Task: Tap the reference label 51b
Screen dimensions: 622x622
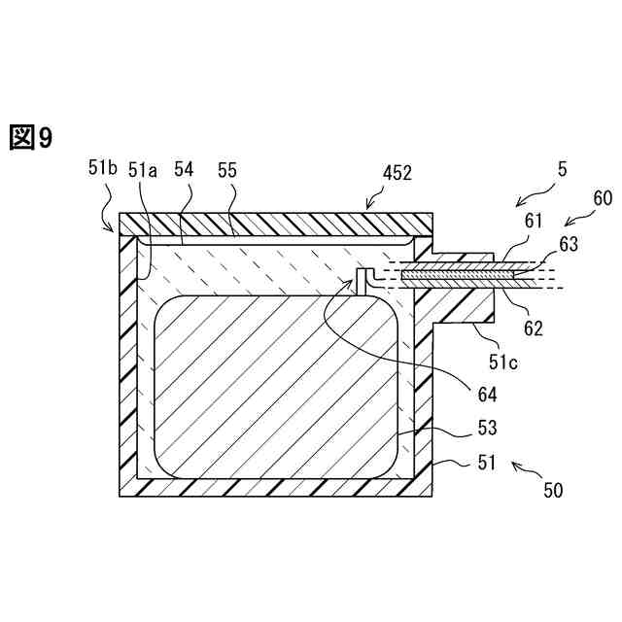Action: (102, 168)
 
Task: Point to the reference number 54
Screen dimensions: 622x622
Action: (184, 169)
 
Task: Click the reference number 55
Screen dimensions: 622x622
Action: (227, 169)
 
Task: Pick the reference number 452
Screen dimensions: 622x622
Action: (396, 174)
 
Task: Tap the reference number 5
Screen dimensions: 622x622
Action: (561, 168)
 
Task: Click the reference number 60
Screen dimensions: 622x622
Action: (603, 199)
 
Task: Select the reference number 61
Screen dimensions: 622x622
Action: (534, 223)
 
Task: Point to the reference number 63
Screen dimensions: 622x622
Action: (568, 244)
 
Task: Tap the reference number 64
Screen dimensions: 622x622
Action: (487, 395)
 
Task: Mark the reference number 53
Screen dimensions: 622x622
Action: (487, 429)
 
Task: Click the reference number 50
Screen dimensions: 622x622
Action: (553, 491)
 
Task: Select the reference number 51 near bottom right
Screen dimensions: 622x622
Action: (486, 464)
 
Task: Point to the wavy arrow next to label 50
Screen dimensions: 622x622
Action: (524, 471)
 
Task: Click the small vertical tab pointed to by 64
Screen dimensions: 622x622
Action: (362, 281)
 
